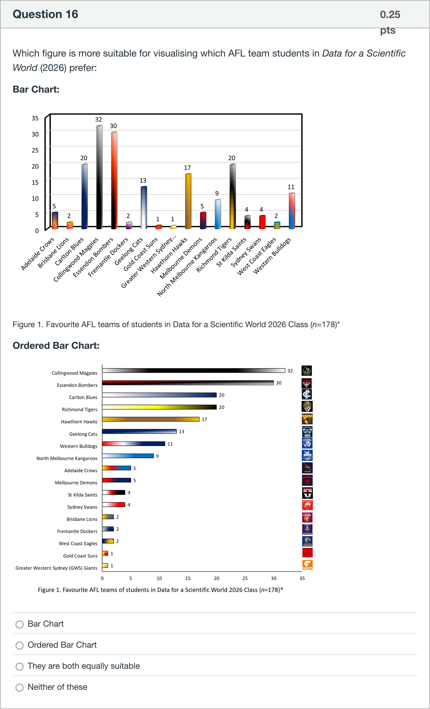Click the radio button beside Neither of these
coord(20,687)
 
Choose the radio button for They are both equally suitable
coord(20,666)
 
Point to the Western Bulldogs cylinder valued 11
coord(292,211)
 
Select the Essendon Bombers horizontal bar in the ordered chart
coord(188,383)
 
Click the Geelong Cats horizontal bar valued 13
coord(139,431)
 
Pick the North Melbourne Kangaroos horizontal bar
coord(128,456)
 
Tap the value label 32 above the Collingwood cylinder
coord(99,119)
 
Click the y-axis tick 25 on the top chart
coord(35,150)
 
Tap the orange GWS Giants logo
coord(307,565)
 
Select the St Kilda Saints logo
coord(307,493)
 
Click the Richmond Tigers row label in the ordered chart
coord(80,410)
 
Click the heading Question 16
coord(45,14)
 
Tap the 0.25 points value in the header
coord(390,14)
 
